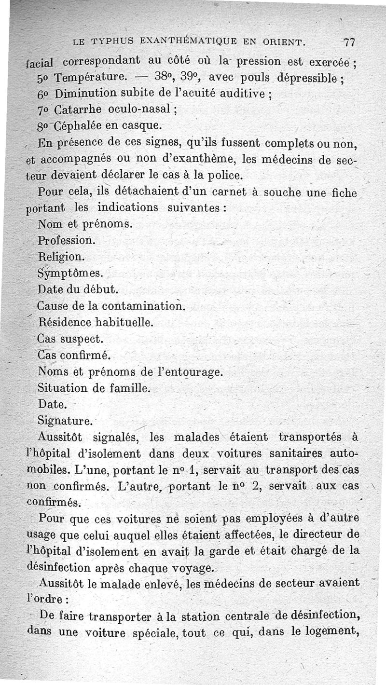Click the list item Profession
point(67,240)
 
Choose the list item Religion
point(61,256)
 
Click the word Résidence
point(66,322)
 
